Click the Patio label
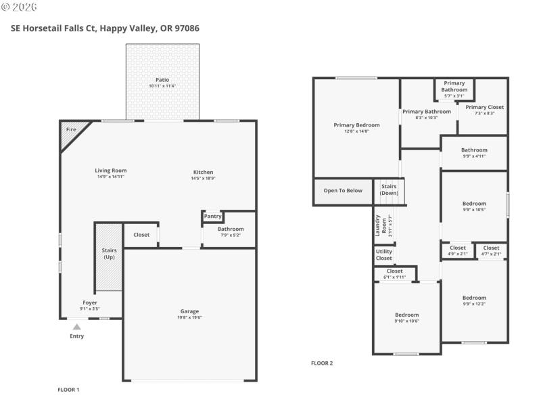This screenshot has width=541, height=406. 162,80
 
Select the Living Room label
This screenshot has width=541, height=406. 110,171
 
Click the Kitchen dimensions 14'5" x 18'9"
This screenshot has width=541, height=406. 203,179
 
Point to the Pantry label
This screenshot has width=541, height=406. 212,217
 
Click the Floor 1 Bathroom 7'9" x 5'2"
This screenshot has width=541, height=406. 231,232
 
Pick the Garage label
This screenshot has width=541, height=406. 189,312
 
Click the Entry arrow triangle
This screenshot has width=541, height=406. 77,327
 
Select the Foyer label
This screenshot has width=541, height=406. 90,302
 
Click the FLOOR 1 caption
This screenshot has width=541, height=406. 68,390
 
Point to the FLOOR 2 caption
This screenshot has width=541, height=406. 322,363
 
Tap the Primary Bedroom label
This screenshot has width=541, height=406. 356,125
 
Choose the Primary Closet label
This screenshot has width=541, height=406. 484,107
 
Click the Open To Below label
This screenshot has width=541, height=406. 343,191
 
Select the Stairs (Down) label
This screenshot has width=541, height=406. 389,189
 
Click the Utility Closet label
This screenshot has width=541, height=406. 383,255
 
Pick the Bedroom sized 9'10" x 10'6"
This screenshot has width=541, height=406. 406,317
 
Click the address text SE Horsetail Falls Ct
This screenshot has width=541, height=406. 55,28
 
